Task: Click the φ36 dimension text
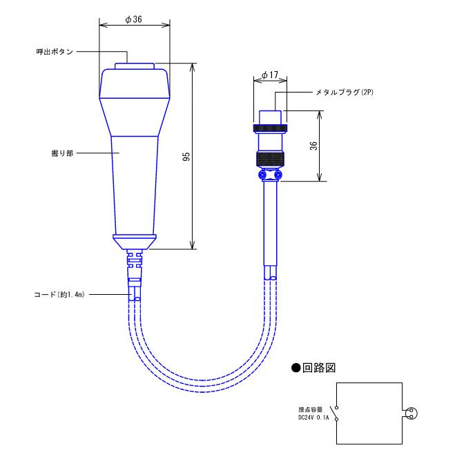(x=134, y=20)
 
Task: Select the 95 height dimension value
(x=186, y=157)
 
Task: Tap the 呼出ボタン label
(x=55, y=52)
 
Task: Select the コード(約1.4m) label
(x=61, y=293)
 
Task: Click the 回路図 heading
(x=317, y=367)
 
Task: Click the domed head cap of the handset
(x=134, y=83)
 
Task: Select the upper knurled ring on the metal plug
(x=269, y=128)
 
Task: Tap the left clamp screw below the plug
(x=262, y=176)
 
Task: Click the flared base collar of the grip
(x=134, y=240)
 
